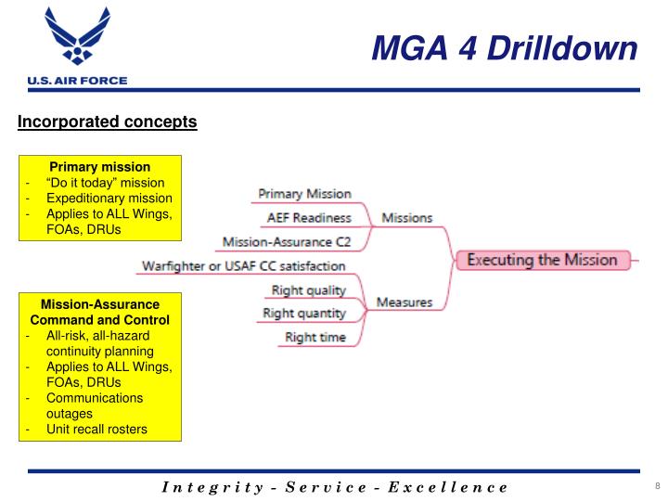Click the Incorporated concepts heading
(x=108, y=122)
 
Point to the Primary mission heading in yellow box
(x=100, y=167)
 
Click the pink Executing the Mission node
(x=541, y=260)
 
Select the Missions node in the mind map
(x=406, y=218)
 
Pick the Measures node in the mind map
(x=405, y=302)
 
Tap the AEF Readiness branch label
(x=308, y=218)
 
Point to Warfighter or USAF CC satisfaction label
(x=243, y=266)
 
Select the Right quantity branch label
(x=303, y=314)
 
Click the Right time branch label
(x=315, y=337)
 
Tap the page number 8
(x=656, y=487)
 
